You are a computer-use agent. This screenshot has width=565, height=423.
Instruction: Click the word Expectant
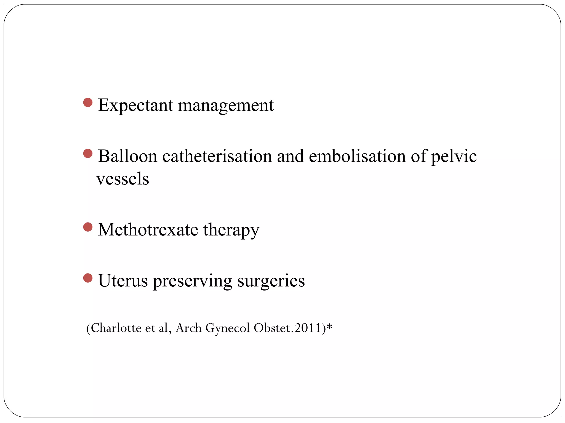tap(135, 105)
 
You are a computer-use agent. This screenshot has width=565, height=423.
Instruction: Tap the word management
tap(226, 105)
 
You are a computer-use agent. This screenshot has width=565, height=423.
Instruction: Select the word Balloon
tap(127, 156)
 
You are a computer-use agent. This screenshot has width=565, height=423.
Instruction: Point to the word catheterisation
tap(217, 156)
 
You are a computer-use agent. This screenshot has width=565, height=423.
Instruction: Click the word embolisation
tap(357, 156)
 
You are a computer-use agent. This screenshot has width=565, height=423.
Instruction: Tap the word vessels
tap(123, 179)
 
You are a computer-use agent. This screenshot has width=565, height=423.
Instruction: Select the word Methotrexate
tap(148, 230)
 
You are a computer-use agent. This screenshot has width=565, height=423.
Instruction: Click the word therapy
tap(231, 230)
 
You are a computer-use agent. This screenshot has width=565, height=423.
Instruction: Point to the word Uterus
tap(123, 281)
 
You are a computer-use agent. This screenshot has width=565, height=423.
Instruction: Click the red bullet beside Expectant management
tap(88, 103)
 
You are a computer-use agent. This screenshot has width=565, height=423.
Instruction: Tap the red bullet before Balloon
tap(88, 153)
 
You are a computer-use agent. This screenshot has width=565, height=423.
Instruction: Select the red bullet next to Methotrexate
tap(88, 227)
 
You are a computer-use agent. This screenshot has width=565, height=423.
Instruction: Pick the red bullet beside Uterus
tap(88, 278)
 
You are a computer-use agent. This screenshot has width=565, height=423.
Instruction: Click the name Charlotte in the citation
tap(116, 328)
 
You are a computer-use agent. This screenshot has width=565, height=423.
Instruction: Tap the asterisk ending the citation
tap(329, 327)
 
